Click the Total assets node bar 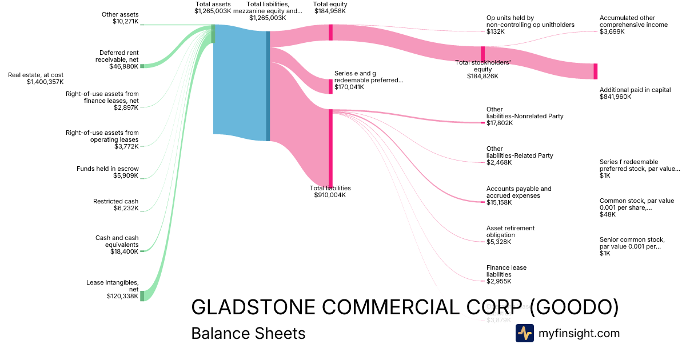(x=213, y=34)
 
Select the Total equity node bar (x=330, y=32)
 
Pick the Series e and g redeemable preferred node (x=330, y=86)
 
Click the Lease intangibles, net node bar (x=142, y=295)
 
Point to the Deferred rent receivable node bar (x=142, y=66)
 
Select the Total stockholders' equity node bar (x=482, y=52)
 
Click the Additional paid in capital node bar (x=595, y=71)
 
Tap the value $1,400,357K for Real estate (x=45, y=82)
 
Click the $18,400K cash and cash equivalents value (x=124, y=251)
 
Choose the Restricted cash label (x=115, y=201)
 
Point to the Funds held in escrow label (x=107, y=169)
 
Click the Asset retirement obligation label (x=510, y=231)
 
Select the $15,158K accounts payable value (x=499, y=202)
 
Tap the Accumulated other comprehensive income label (x=633, y=21)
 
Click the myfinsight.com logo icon (x=524, y=333)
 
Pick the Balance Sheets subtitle (x=248, y=333)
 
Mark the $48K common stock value (x=608, y=214)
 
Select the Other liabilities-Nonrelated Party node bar (x=482, y=122)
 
